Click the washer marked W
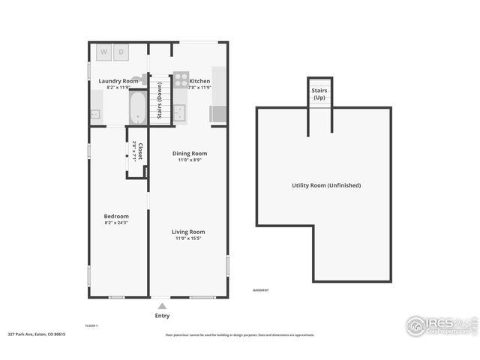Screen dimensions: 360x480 103,52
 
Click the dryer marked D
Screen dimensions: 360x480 120,52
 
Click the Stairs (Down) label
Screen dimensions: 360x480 159,100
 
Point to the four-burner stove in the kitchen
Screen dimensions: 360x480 181,80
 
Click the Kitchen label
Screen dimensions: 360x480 199,80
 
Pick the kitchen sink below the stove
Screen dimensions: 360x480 180,112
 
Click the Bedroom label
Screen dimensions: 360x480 116,216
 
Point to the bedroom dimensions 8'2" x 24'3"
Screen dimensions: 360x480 116,223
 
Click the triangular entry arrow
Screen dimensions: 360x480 162,305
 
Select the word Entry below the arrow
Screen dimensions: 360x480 162,316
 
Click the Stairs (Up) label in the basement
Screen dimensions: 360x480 319,93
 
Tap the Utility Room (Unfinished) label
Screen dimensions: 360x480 326,184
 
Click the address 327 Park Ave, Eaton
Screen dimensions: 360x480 37,334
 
